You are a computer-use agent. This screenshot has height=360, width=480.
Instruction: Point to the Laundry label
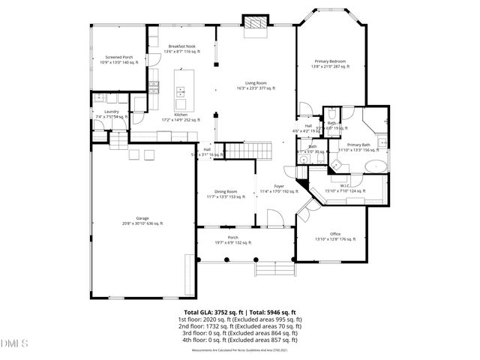pos(112,114)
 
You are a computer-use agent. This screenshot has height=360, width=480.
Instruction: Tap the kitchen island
pos(183,84)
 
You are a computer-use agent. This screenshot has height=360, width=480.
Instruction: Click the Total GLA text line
pos(240,312)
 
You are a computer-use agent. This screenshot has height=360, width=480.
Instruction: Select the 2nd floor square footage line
pos(240,326)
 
